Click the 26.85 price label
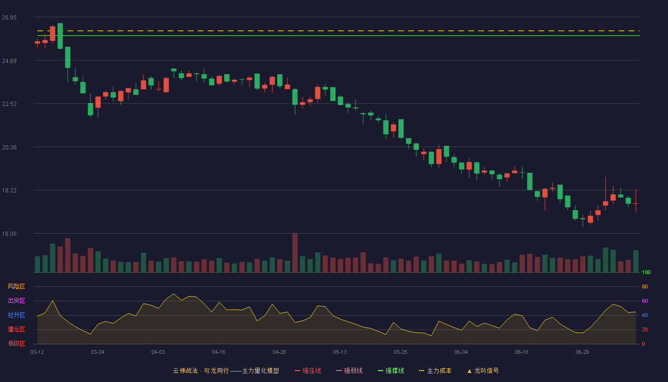(9, 18)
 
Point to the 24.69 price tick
(9, 61)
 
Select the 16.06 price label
(9, 234)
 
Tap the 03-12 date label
(37, 352)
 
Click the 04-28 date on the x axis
(279, 352)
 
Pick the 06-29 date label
(582, 352)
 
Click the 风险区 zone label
(16, 286)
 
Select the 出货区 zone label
(16, 300)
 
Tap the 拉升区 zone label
(16, 315)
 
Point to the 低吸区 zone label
(16, 343)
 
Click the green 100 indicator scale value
(646, 272)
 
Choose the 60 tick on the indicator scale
(645, 301)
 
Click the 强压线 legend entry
(308, 371)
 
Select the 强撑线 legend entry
(391, 371)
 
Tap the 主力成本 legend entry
(435, 371)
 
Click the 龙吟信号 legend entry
(483, 371)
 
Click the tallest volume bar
(295, 253)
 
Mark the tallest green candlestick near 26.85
(60, 36)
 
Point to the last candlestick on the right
(636, 201)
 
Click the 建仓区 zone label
(16, 329)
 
